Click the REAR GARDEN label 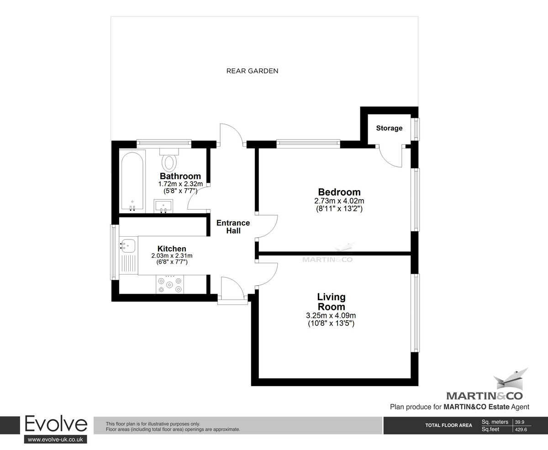252,71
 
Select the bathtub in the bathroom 132,181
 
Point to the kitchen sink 127,246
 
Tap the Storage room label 389,128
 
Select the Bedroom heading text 339,192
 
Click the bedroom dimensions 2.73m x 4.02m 339,201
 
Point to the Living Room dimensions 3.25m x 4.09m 331,315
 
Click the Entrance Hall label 233,227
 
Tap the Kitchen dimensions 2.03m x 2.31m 172,256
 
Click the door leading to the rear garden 231,135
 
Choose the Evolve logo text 55,424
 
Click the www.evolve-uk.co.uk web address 55,439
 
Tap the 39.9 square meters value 521,422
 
